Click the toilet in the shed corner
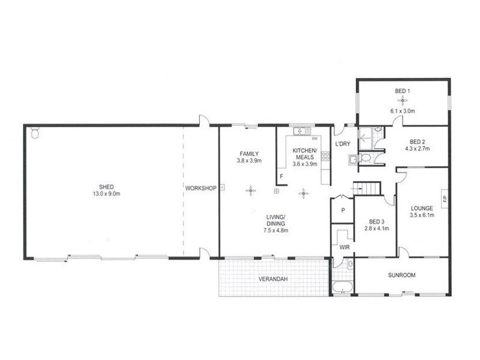(34, 133)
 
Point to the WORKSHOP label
(200, 188)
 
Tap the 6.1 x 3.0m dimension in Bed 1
(403, 111)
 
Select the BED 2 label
(413, 142)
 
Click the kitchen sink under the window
(299, 132)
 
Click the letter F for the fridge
(281, 176)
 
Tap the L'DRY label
(342, 145)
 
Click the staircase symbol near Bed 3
(367, 188)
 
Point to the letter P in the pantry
(343, 211)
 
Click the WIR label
(344, 247)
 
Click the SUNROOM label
(401, 275)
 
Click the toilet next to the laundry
(355, 158)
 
